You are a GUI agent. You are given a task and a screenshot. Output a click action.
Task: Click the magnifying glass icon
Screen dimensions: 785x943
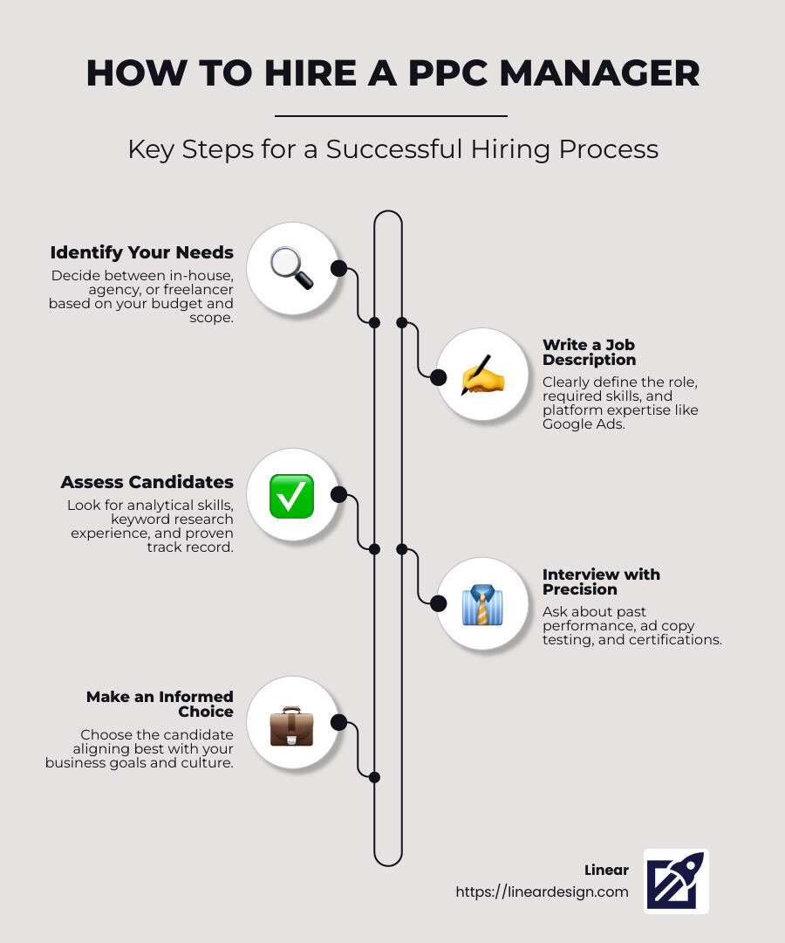(x=292, y=268)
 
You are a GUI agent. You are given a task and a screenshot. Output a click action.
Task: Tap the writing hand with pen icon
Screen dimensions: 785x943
(x=482, y=375)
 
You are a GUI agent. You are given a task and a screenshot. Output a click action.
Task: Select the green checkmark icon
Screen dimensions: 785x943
(x=292, y=496)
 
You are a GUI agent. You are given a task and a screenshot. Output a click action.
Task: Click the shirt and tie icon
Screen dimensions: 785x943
(x=482, y=604)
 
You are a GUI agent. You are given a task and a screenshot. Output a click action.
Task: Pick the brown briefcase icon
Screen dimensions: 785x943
(x=292, y=726)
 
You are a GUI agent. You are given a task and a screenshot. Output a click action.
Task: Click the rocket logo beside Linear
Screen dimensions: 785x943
(x=676, y=881)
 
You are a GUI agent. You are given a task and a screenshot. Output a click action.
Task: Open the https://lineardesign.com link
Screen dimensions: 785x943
(x=542, y=891)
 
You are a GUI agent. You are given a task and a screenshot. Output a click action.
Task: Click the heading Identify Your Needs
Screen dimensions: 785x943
(x=142, y=252)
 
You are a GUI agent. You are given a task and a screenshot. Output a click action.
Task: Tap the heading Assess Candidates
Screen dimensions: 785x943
(x=147, y=482)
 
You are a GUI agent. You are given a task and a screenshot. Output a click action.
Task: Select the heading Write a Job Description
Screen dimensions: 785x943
(x=590, y=353)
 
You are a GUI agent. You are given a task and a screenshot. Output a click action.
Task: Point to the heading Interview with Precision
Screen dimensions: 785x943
(x=601, y=582)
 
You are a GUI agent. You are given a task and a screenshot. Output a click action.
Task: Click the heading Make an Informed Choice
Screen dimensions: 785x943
(x=160, y=705)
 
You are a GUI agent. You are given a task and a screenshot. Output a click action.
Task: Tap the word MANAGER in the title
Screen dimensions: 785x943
(x=600, y=73)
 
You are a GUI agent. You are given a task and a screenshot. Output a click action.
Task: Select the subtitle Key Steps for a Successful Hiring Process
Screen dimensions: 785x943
(x=393, y=150)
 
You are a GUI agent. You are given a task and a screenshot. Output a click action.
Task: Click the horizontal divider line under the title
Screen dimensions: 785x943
(x=391, y=115)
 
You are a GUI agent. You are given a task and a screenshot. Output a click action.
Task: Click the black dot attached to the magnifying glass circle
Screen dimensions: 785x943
(x=338, y=268)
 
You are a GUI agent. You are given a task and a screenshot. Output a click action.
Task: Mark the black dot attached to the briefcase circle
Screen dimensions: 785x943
(x=338, y=722)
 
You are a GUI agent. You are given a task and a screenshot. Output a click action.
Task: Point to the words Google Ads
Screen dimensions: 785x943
(x=584, y=424)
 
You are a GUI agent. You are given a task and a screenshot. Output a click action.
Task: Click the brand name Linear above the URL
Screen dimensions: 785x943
(x=606, y=871)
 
